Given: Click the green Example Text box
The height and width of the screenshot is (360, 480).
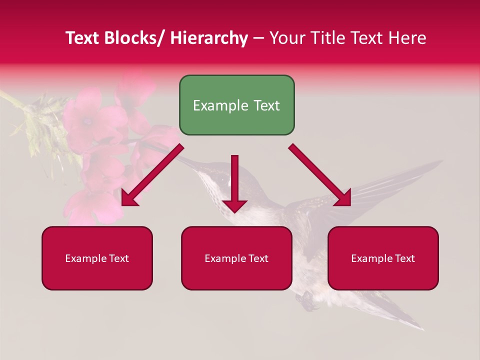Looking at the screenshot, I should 236,105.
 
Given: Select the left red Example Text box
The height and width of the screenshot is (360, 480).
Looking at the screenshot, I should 97,258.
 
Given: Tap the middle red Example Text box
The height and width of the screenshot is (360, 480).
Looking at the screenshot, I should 236,258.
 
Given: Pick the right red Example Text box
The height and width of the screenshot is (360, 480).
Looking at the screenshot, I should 383,258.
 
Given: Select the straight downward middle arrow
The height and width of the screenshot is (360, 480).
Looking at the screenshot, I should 234,182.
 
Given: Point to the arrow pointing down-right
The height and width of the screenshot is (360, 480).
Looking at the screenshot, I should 320,175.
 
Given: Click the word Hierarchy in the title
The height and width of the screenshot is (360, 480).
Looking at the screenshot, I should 208,38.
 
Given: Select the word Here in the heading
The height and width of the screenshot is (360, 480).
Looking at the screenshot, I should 408,38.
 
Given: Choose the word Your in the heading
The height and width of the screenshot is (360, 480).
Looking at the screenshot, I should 286,38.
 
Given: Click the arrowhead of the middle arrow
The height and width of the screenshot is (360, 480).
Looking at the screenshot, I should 234,205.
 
